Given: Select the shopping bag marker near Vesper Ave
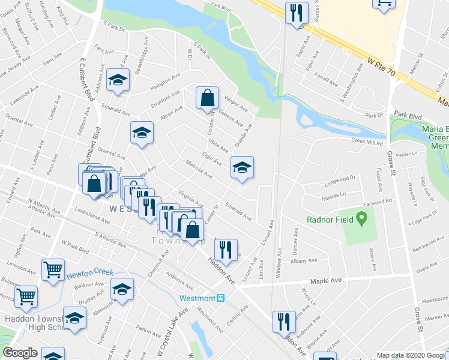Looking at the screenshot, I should pos(206,99).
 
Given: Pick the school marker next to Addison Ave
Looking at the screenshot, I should pos(118,80).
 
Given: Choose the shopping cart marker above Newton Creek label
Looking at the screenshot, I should pos(53,269).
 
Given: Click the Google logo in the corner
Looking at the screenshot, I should pos(20,353).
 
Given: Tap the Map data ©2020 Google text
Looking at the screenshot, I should pos(411,355).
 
